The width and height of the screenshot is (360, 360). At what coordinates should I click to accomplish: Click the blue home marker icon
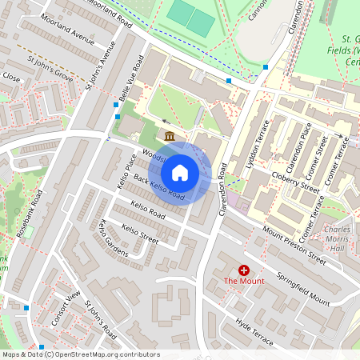[180, 173]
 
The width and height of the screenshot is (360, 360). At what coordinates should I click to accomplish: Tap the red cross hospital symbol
[243, 271]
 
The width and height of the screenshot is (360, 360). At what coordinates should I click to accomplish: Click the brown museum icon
[170, 137]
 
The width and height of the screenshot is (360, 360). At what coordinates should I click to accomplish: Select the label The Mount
[242, 281]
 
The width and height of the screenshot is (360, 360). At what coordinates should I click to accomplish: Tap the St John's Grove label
[49, 63]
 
